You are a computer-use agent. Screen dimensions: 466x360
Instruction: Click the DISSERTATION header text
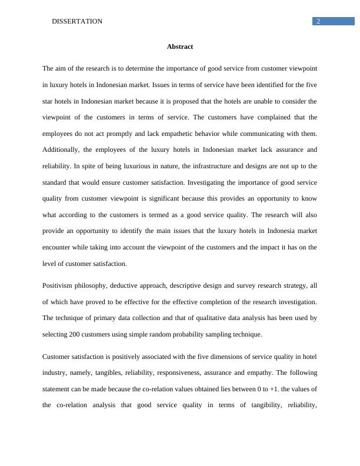click(77, 21)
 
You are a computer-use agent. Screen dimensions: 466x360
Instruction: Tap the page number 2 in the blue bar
click(318, 21)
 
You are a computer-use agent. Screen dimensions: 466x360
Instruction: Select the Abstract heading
click(180, 46)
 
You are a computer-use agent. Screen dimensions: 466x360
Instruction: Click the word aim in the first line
click(62, 68)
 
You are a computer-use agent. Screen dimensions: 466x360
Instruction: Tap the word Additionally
click(62, 150)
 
